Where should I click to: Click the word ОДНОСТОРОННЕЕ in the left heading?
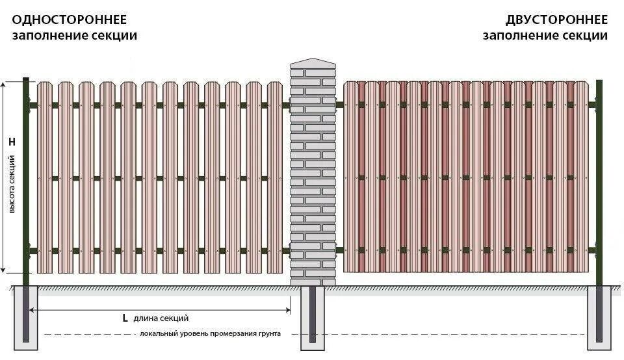click(70, 19)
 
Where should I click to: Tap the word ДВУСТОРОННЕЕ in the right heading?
click(556, 19)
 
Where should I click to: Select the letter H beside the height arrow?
click(12, 141)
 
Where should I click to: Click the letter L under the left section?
click(125, 318)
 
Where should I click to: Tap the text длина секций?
click(161, 318)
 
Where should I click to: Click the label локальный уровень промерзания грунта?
click(210, 333)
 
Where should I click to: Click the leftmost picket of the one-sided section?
click(44, 175)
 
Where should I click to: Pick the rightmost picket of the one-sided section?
click(275, 175)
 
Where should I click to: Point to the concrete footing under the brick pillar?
click(313, 318)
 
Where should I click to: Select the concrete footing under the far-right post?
click(599, 318)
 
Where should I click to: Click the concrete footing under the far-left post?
click(26, 318)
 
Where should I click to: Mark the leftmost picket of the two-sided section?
click(351, 175)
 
